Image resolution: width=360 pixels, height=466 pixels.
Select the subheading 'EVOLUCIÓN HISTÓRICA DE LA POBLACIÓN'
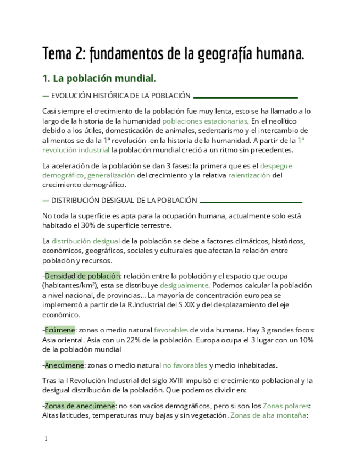coord(120,96)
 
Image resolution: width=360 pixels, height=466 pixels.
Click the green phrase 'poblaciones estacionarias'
coord(205,120)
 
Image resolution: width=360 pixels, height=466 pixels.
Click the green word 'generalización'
coord(111,175)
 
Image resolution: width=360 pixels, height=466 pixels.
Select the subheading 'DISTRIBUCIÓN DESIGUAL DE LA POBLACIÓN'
coord(124,201)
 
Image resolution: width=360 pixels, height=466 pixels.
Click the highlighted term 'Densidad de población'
coord(82,275)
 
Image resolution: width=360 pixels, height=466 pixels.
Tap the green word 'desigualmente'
coord(184,285)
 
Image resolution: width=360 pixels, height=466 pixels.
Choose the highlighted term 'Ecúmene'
coord(60,330)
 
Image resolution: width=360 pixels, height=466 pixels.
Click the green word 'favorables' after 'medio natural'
coord(171,330)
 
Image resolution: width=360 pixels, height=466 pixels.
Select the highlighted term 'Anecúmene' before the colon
coord(64,365)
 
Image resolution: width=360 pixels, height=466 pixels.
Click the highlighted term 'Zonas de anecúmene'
coord(80,406)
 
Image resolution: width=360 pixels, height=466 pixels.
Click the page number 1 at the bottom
coord(46,439)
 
